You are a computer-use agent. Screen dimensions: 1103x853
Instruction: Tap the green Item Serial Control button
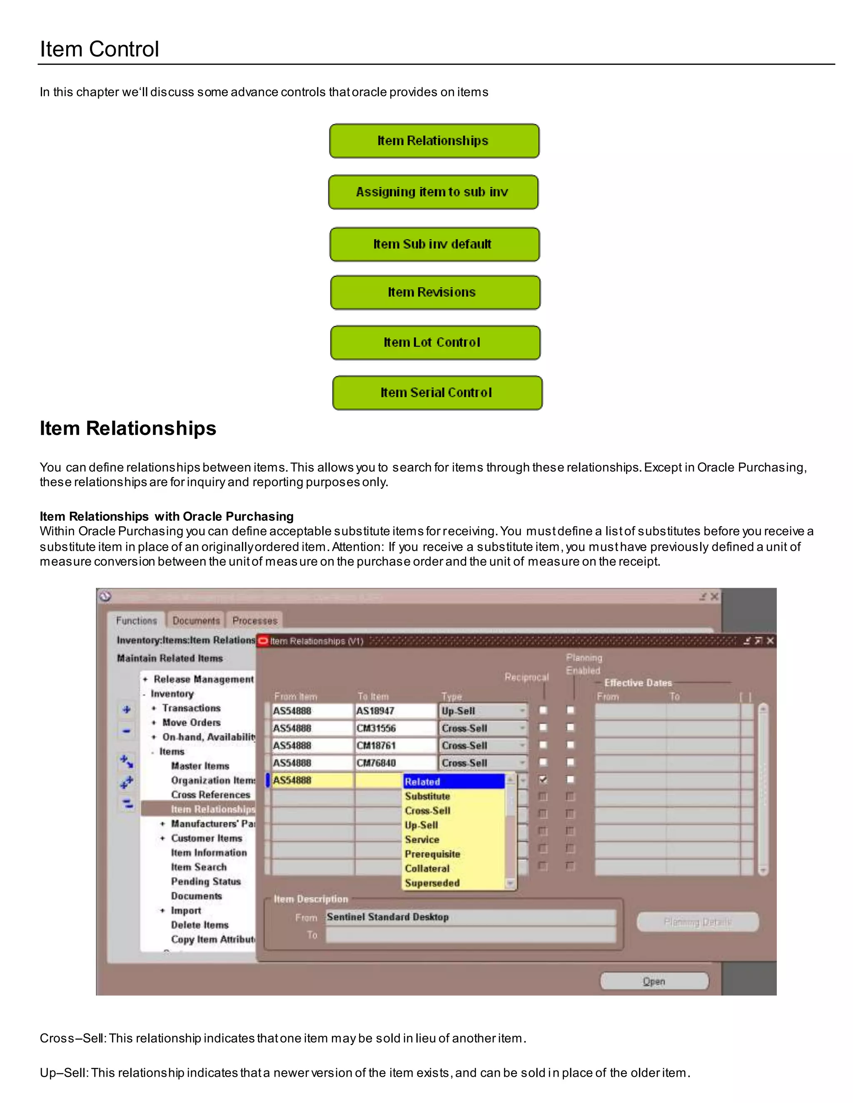coord(437,393)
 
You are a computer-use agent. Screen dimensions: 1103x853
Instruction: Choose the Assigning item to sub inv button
coord(433,192)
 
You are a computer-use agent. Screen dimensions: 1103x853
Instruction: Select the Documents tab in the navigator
coord(196,620)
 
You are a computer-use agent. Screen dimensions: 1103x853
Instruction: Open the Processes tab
coord(254,620)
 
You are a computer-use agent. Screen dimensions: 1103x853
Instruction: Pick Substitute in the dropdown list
coord(427,796)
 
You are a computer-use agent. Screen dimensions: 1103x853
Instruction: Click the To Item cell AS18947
coord(394,711)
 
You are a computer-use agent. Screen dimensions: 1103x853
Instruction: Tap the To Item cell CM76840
coord(394,763)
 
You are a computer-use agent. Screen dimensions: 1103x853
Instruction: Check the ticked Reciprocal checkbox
coord(543,779)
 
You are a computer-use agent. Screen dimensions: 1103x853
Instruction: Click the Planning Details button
coord(697,922)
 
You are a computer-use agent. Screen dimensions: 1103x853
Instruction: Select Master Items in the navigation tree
coord(200,765)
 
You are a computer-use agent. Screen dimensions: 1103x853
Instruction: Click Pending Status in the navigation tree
coord(206,881)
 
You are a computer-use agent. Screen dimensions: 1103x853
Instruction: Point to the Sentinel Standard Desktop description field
coord(470,917)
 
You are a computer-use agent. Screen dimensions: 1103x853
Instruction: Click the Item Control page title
coord(100,49)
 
